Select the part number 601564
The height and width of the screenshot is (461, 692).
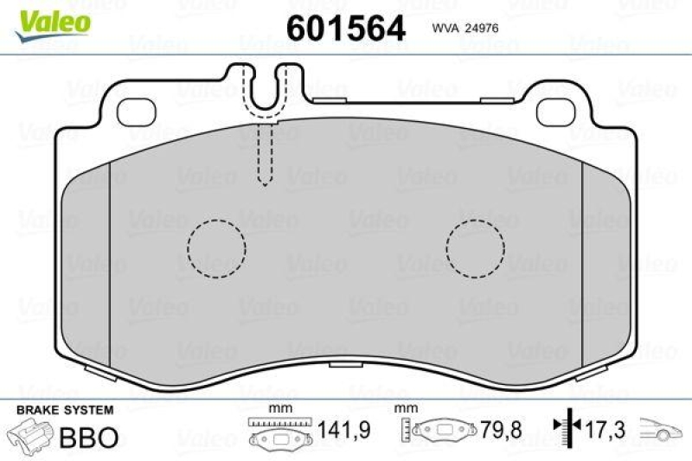[345, 28]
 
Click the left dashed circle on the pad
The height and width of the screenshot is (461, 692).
[216, 248]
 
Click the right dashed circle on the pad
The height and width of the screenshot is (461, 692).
[475, 248]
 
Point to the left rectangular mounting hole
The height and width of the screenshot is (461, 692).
[133, 110]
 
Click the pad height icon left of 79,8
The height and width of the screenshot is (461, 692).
[439, 430]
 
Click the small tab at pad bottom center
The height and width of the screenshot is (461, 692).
[345, 364]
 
